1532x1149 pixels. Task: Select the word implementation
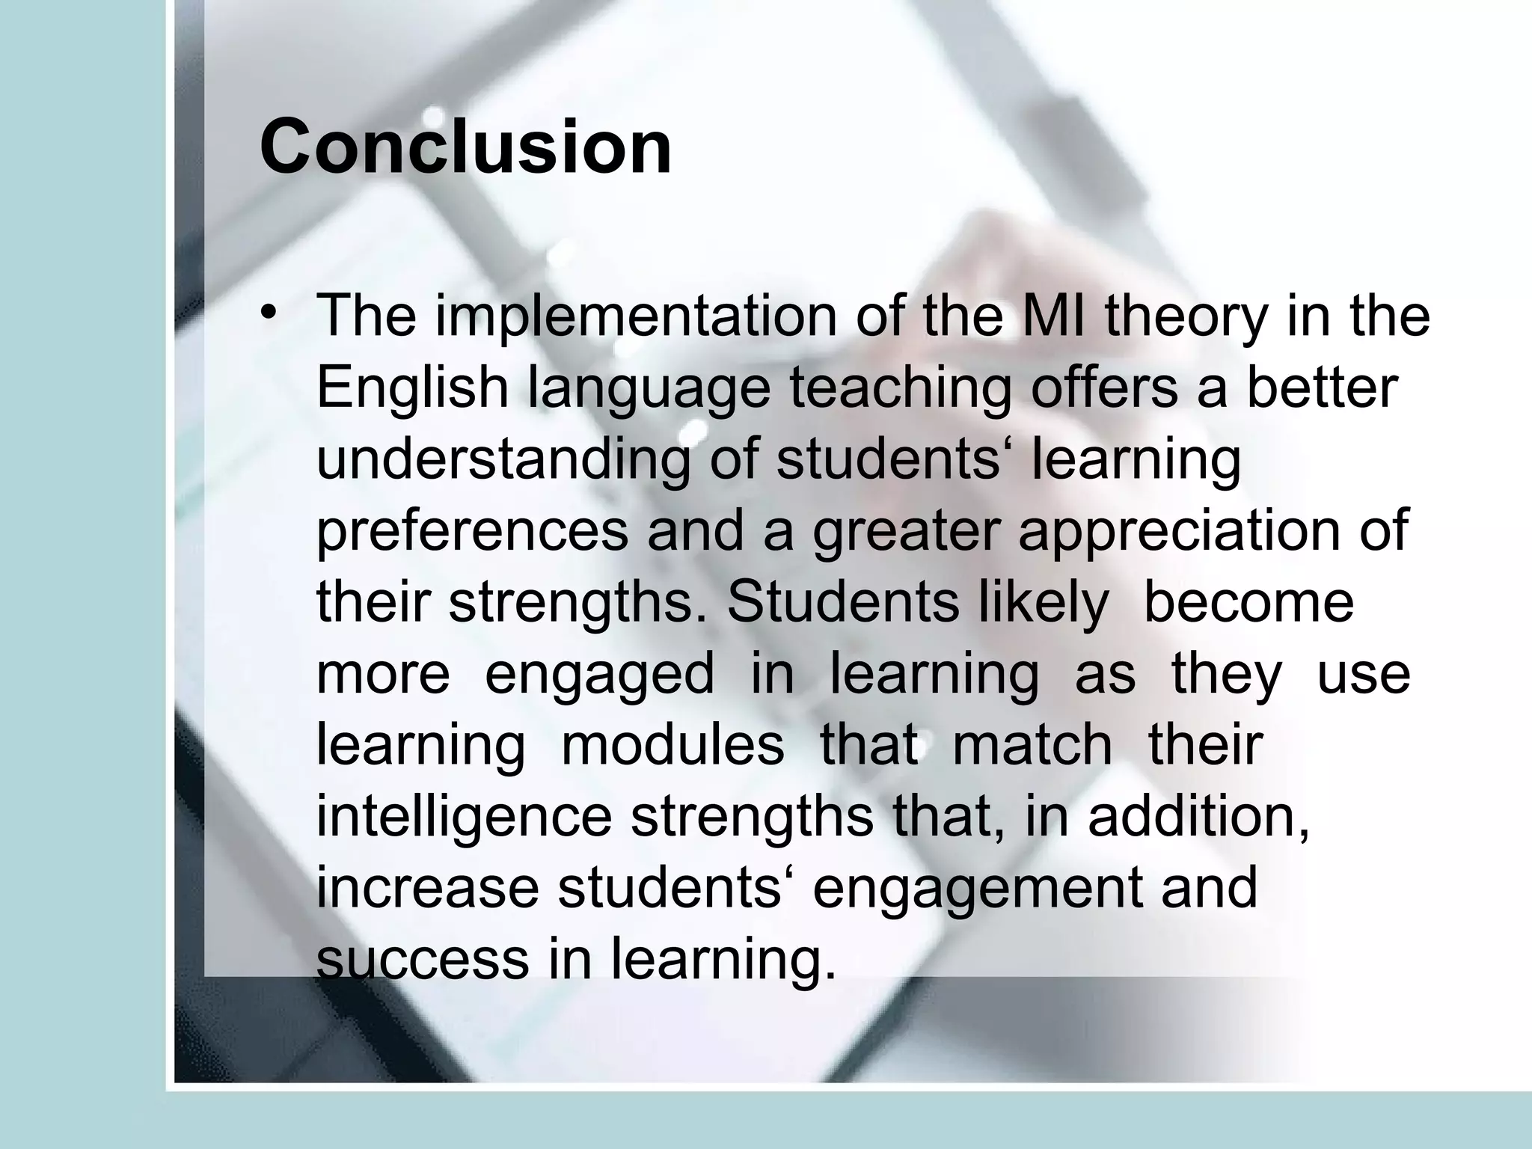[x=636, y=316]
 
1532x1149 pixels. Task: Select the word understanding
[x=502, y=461]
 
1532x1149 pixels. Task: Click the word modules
[x=672, y=745]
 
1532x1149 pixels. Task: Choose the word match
[x=1032, y=745]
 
